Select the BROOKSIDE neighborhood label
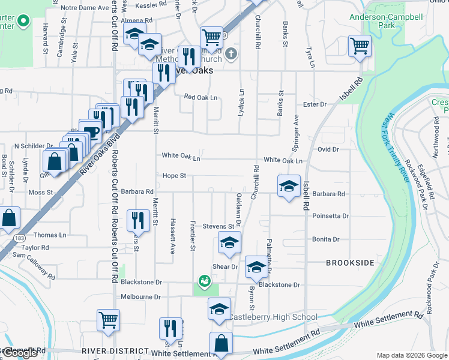(350, 263)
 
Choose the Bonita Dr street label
(326, 239)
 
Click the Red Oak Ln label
(200, 97)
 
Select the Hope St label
(174, 176)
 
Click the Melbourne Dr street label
(140, 297)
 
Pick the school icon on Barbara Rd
(289, 185)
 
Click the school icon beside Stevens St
(228, 242)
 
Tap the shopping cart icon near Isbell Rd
(360, 45)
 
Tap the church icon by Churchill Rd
(232, 54)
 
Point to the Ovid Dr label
(328, 149)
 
